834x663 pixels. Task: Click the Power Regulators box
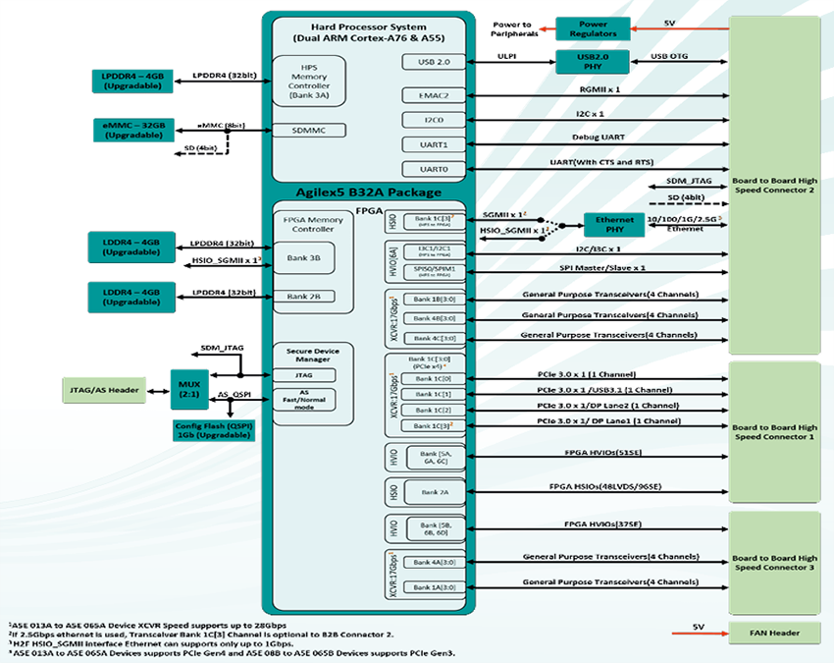click(x=593, y=28)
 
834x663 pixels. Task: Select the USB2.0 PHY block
click(x=593, y=62)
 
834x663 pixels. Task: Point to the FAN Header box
click(x=773, y=631)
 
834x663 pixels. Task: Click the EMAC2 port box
click(x=439, y=95)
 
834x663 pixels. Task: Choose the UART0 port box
click(x=439, y=169)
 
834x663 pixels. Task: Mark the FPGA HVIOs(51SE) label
click(x=602, y=453)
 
